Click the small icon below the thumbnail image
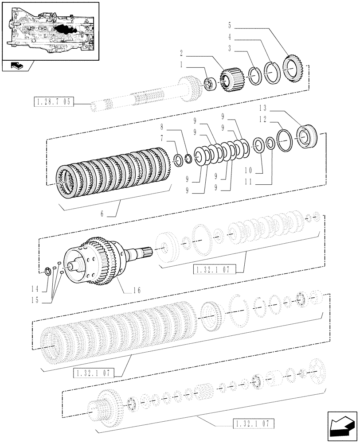click(16, 66)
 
